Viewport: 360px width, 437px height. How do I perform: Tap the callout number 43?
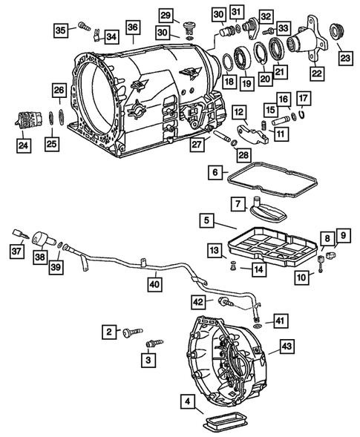(x=287, y=346)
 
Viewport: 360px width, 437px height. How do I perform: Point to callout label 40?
(x=153, y=282)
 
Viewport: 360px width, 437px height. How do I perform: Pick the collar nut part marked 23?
(x=343, y=33)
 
